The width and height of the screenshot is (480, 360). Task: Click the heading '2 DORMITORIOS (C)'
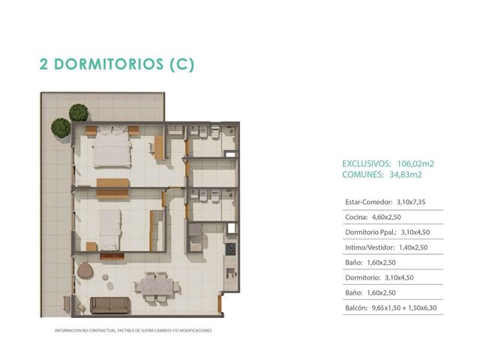tap(117, 64)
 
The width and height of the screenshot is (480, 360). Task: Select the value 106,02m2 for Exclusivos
tap(415, 163)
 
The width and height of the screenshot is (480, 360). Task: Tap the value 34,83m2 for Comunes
tap(406, 175)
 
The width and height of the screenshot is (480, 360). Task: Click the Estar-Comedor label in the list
tap(368, 202)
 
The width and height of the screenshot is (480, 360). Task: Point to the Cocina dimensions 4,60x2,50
tap(386, 217)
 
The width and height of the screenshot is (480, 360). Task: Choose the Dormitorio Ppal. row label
tap(371, 232)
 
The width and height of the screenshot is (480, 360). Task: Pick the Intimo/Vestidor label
tap(370, 247)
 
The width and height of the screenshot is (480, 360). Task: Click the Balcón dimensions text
tap(404, 308)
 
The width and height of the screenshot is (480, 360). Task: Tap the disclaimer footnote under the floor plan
tap(133, 331)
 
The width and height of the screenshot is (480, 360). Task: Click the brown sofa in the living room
tap(110, 305)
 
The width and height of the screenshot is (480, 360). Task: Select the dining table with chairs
tap(157, 287)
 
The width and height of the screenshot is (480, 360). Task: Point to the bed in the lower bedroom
tap(109, 230)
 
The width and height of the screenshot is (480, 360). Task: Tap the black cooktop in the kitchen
tap(230, 249)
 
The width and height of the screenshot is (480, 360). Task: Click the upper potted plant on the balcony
tap(79, 112)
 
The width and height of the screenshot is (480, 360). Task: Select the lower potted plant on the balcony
tap(61, 127)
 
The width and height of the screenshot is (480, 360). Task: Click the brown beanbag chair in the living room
tap(85, 271)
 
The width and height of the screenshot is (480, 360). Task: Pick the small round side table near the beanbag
tap(105, 277)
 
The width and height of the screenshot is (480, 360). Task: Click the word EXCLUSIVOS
tap(367, 163)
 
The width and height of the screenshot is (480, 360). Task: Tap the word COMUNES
tap(363, 175)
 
